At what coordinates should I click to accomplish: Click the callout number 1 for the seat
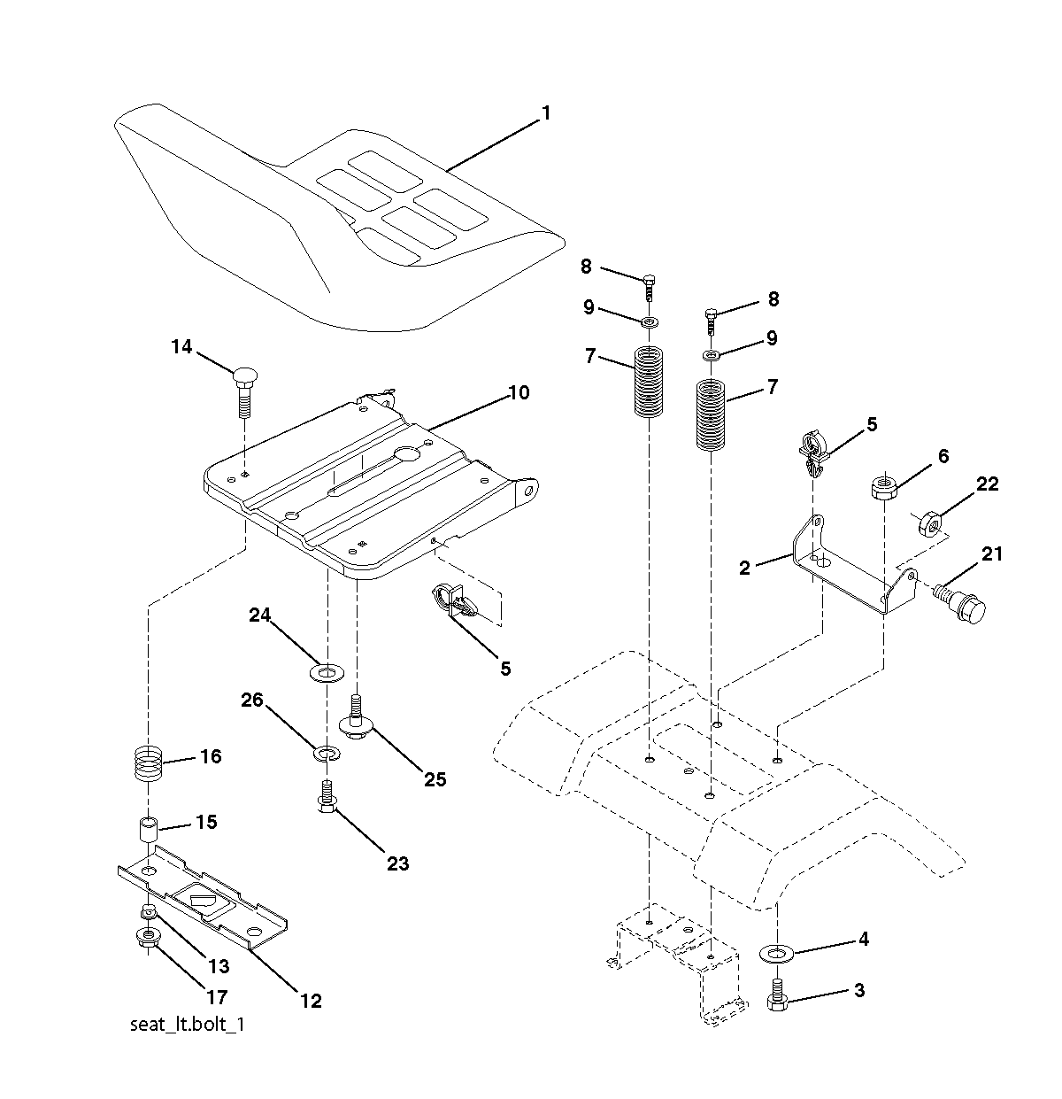tap(545, 113)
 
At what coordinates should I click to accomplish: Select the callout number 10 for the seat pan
tap(519, 392)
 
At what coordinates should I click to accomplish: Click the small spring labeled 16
tap(149, 763)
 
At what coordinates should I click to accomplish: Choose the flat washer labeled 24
tap(327, 673)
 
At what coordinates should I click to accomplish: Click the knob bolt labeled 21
tap(959, 603)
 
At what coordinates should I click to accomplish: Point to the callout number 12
tap(311, 1000)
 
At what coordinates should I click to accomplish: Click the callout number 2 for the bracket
tap(745, 568)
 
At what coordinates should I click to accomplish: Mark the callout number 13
tap(219, 965)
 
